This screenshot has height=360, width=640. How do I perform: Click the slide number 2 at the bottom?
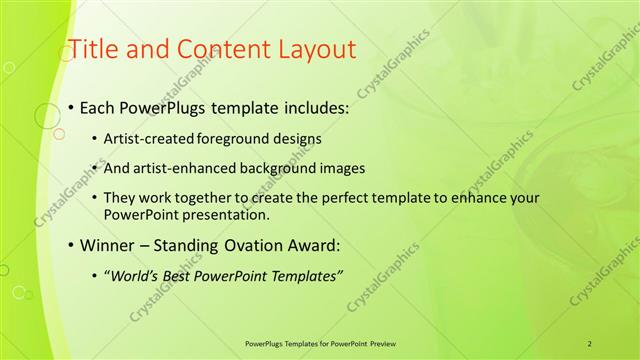(x=590, y=343)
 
